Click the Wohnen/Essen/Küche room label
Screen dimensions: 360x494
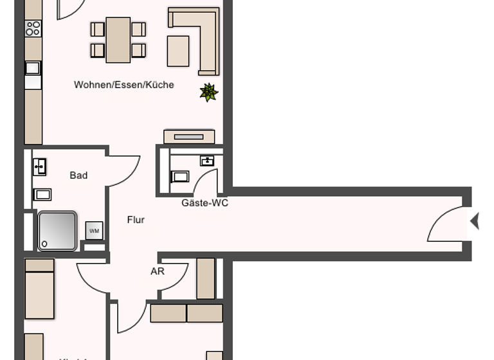[123, 85]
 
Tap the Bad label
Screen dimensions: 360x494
[78, 175]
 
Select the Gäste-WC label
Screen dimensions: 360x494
[205, 203]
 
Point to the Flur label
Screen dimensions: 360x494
[136, 220]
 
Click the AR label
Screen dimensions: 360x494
[158, 271]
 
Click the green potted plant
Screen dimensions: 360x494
[208, 93]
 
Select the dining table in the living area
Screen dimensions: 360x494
[118, 39]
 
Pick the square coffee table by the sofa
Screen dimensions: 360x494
[178, 51]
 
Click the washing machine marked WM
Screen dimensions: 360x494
[94, 230]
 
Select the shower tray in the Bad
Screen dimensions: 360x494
[57, 230]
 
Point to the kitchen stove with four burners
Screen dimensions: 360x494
[33, 28]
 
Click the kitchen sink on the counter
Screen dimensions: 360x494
[33, 67]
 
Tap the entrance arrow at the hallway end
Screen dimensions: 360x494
[475, 221]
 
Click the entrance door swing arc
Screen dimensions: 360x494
[445, 225]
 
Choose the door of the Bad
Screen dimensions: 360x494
[124, 170]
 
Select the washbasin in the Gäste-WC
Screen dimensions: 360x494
[207, 161]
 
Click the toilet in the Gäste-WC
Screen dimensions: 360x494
[180, 175]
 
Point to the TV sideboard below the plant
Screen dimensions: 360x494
[188, 136]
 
